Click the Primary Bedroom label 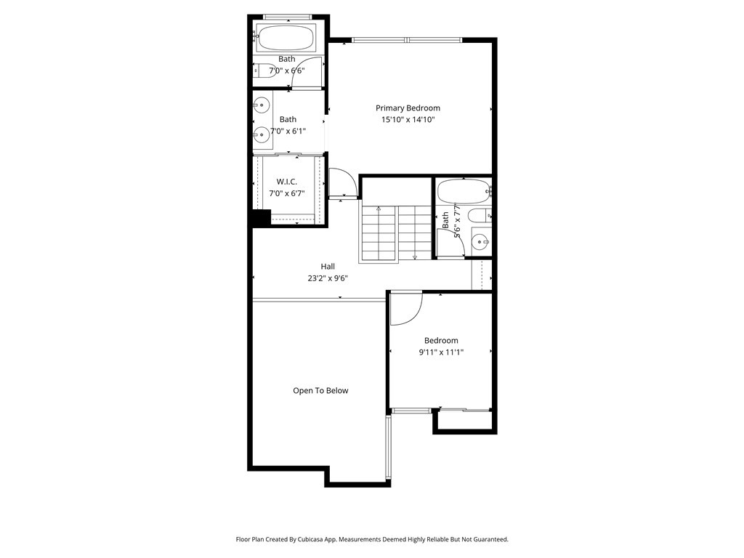click(408, 108)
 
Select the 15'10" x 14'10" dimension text click(408, 120)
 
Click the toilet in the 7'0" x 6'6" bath click(264, 71)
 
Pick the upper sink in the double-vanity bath click(262, 105)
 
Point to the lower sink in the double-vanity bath click(262, 134)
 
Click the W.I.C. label click(286, 182)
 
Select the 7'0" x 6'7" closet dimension click(286, 193)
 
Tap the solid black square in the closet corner click(261, 218)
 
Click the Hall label click(328, 267)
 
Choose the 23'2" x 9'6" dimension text click(328, 278)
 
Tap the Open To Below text click(320, 390)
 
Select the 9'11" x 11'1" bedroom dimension click(441, 352)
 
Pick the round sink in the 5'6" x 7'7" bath click(480, 242)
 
